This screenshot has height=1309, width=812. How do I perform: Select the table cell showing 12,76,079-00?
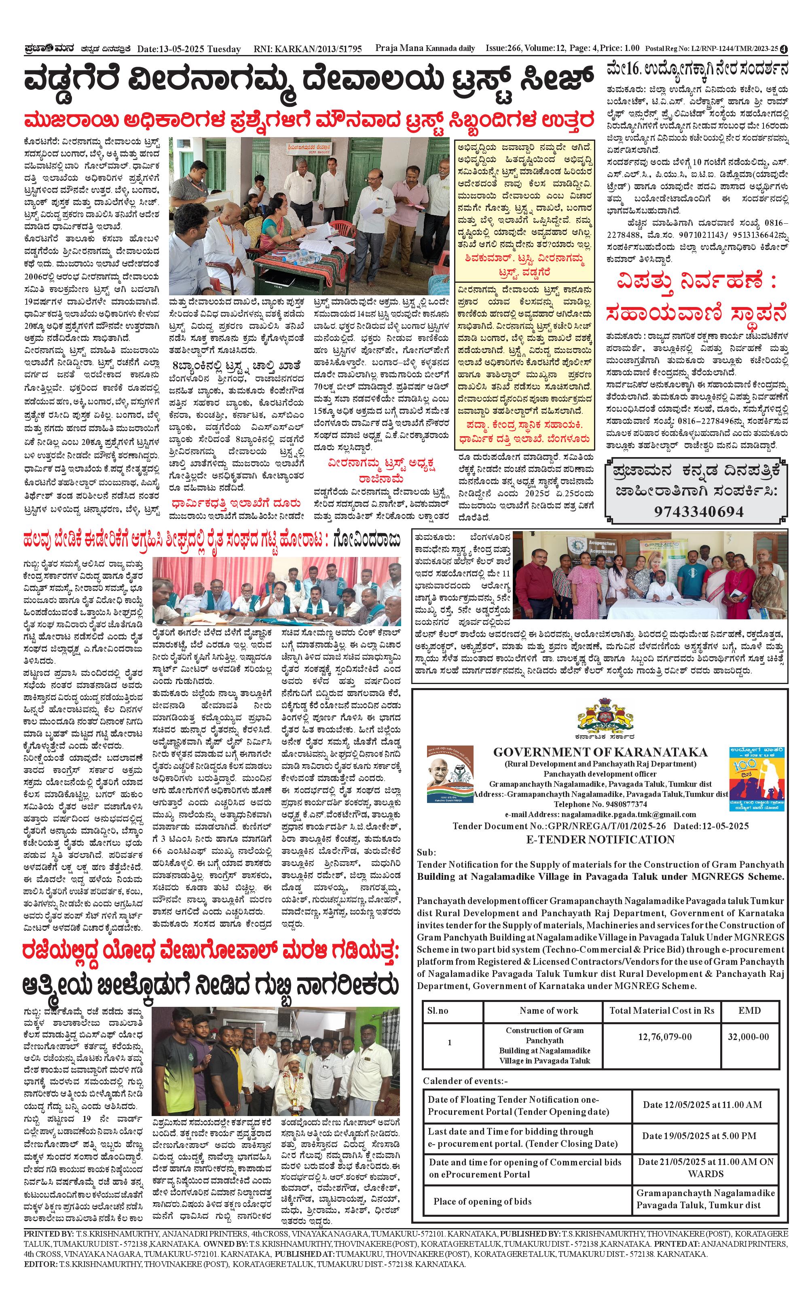664,1037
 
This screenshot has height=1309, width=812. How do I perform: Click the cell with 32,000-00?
748,1037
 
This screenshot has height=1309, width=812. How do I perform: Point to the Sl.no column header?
438,1010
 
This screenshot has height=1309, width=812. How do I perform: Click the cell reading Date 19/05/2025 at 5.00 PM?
699,1135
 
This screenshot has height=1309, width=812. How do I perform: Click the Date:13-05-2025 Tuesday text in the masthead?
188,49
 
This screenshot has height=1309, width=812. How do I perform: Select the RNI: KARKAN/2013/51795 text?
308,49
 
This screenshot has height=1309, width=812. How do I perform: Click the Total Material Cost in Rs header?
662,1010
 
